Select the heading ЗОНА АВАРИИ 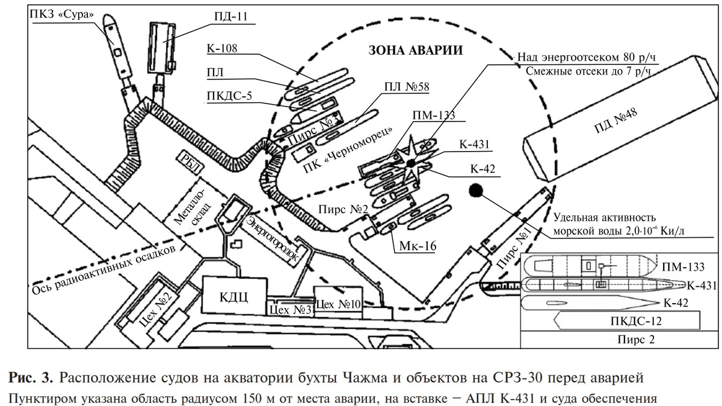[x=416, y=51]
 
